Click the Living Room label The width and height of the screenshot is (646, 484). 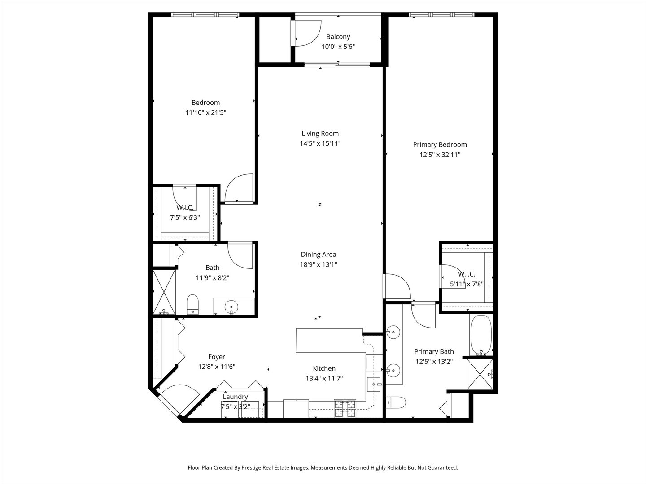(x=320, y=133)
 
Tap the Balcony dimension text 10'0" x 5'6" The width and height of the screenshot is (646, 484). (x=338, y=47)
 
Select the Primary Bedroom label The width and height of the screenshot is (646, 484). (x=440, y=144)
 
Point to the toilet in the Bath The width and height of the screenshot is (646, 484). (x=192, y=305)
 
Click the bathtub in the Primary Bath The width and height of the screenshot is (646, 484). (x=481, y=335)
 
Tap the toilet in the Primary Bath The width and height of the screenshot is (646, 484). (x=396, y=402)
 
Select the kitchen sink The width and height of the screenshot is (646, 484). (x=374, y=384)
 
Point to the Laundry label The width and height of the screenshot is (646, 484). (x=235, y=397)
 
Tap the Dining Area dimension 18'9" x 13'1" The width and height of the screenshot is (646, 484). (x=319, y=264)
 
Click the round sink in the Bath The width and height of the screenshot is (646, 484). (x=232, y=307)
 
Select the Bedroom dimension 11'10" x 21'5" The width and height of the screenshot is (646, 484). (x=205, y=113)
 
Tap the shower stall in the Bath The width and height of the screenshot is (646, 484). (x=163, y=292)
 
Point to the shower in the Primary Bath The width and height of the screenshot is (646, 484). (x=480, y=374)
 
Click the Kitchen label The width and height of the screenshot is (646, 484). (x=324, y=368)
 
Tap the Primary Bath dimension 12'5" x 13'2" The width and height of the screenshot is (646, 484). (x=434, y=362)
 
